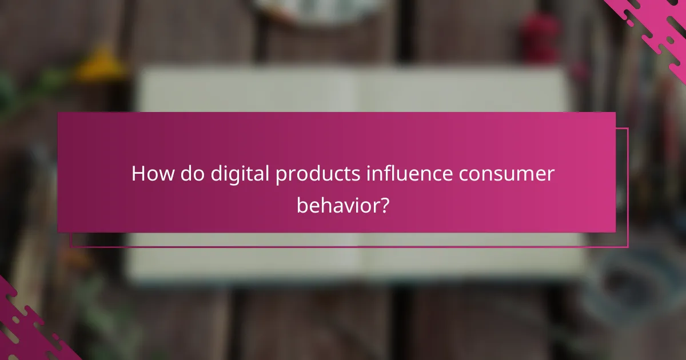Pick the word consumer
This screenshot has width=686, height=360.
click(x=504, y=174)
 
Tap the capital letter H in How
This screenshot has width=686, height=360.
click(x=138, y=174)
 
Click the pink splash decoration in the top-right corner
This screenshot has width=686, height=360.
click(x=652, y=23)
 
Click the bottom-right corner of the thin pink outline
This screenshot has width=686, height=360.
click(x=628, y=247)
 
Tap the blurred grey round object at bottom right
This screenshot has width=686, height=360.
click(x=635, y=286)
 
